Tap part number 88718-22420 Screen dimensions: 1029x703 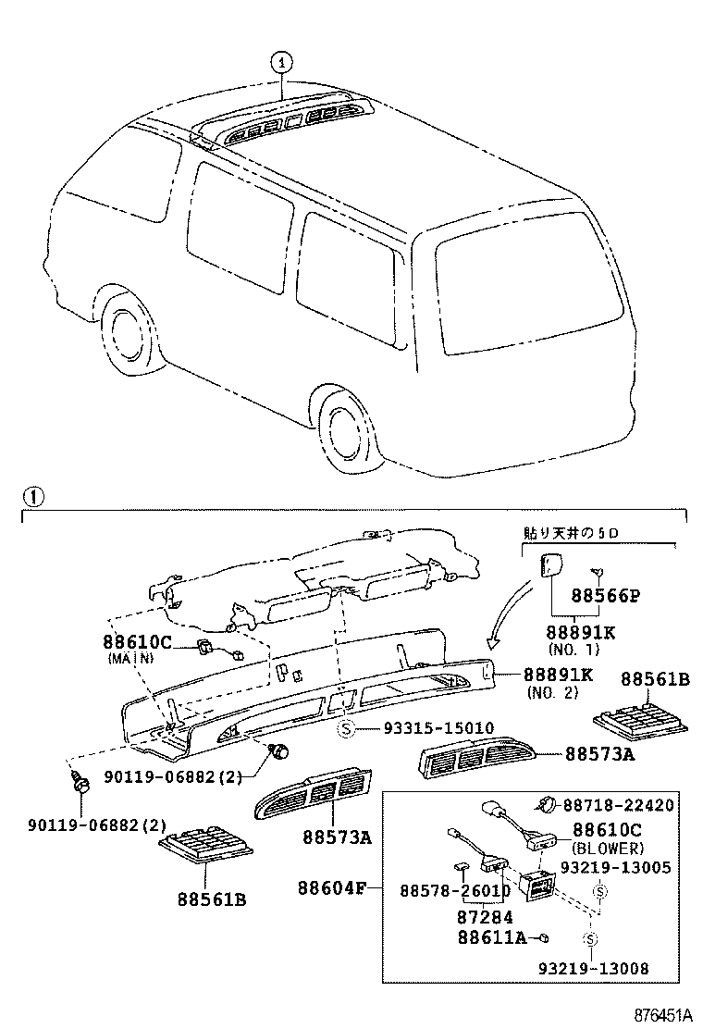[618, 806]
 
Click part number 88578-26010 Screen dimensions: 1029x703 [454, 889]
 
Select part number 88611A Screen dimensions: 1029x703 [491, 937]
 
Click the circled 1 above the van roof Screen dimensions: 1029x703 [281, 62]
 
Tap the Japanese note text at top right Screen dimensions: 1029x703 [566, 535]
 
